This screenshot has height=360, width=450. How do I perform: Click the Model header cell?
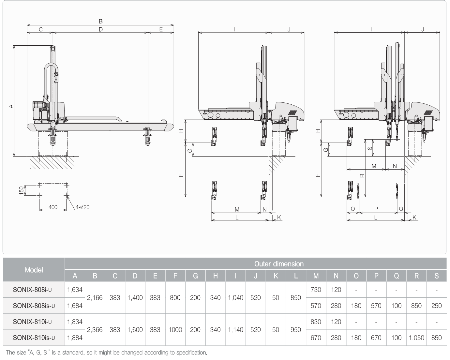click(34, 270)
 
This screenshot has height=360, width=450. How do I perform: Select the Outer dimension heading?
click(279, 264)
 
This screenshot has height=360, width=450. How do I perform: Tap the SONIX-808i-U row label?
click(34, 290)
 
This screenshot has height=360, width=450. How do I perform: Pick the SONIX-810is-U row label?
click(34, 338)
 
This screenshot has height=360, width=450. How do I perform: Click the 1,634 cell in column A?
click(75, 290)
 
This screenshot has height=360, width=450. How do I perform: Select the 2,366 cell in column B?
click(95, 330)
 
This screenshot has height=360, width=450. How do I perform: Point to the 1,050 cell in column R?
click(416, 338)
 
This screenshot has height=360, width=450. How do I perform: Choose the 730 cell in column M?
click(316, 290)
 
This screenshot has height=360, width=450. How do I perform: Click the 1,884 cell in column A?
click(75, 338)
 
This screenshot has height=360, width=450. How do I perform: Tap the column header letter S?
click(436, 276)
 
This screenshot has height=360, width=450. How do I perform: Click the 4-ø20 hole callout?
click(82, 207)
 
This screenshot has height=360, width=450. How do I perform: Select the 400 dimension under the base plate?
click(53, 207)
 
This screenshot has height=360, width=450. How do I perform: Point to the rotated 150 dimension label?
click(22, 190)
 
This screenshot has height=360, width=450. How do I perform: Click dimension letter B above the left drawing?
click(100, 21)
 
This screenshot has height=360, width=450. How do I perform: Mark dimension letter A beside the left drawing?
click(10, 106)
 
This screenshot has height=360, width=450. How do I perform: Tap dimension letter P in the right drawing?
click(376, 209)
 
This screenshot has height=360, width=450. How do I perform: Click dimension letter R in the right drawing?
click(362, 175)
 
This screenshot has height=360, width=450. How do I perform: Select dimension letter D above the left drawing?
click(100, 29)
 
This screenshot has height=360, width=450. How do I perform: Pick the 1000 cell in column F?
click(175, 330)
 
